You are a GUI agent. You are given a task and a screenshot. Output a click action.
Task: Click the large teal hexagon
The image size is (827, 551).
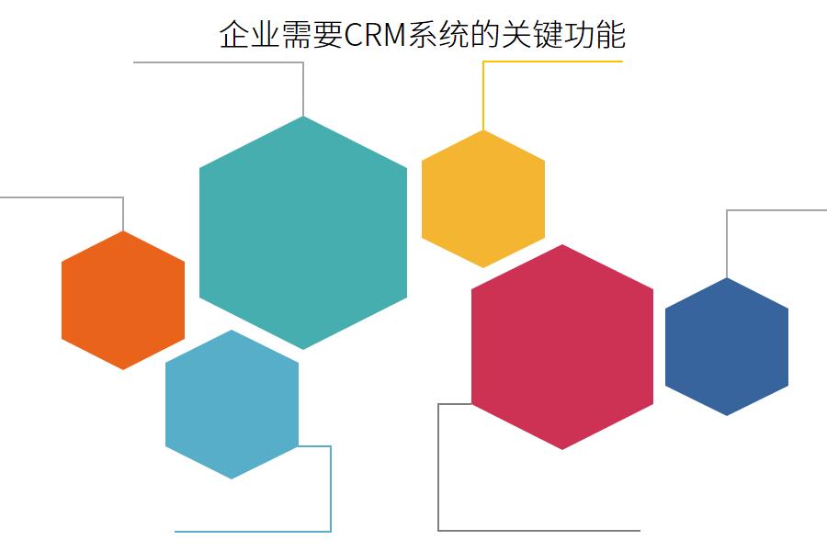tap(303, 232)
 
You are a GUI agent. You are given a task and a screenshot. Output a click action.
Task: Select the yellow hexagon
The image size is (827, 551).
tap(483, 199)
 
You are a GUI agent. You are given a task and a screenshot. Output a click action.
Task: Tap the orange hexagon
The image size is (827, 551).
tap(123, 300)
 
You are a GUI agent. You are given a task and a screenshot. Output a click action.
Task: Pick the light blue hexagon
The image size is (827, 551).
tap(232, 404)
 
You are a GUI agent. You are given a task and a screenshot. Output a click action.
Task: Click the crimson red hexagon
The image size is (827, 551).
tap(562, 347)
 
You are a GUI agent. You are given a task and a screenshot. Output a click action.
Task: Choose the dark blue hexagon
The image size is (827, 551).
tap(727, 346)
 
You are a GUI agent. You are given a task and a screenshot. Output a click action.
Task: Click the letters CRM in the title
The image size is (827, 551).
tap(375, 36)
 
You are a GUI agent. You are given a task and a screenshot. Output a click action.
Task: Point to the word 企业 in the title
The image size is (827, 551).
tap(250, 36)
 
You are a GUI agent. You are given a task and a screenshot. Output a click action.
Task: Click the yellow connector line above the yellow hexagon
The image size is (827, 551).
tap(551, 62)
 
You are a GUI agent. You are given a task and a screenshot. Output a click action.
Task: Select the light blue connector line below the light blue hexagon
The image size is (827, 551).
tap(253, 531)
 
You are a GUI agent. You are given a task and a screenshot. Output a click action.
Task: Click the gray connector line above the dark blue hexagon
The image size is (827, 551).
tap(776, 210)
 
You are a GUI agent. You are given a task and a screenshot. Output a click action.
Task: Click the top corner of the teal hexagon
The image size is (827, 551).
tap(303, 118)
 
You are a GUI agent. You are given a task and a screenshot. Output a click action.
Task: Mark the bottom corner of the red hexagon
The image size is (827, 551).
tap(562, 448)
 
